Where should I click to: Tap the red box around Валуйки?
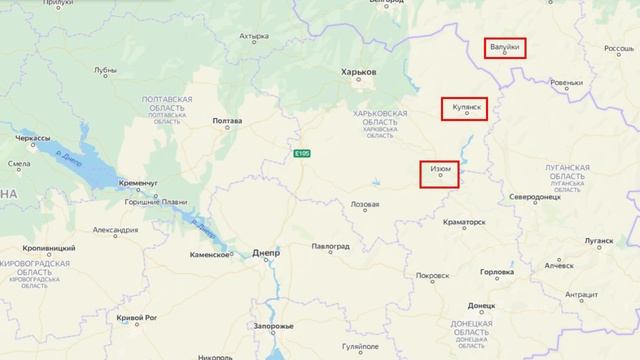[505, 48]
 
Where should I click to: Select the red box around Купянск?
[465, 108]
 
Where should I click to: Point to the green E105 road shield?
[303, 153]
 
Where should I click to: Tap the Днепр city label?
[259, 254]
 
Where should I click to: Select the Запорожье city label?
[273, 326]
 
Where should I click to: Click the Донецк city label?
[481, 304]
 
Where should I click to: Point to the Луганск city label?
[600, 241]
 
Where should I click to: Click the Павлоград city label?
[331, 245]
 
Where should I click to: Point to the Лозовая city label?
[363, 204]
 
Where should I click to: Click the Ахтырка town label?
[254, 38]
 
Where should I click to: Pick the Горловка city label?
[497, 272]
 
